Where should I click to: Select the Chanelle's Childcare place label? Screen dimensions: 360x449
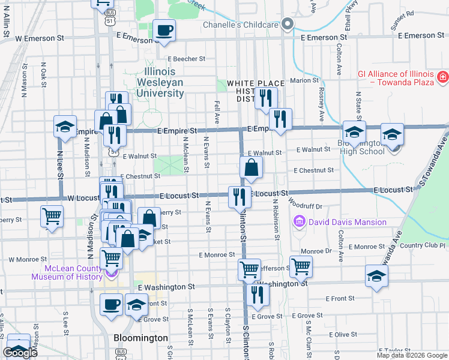point(241,25)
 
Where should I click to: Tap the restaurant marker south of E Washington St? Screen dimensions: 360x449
point(258,295)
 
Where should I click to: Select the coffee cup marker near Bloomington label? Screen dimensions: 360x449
point(110,305)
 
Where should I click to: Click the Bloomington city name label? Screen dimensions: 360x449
point(141,338)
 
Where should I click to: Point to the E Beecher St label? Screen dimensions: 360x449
point(187,59)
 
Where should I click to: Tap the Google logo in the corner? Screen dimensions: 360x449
point(20,353)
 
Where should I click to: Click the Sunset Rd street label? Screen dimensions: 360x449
point(402,13)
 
